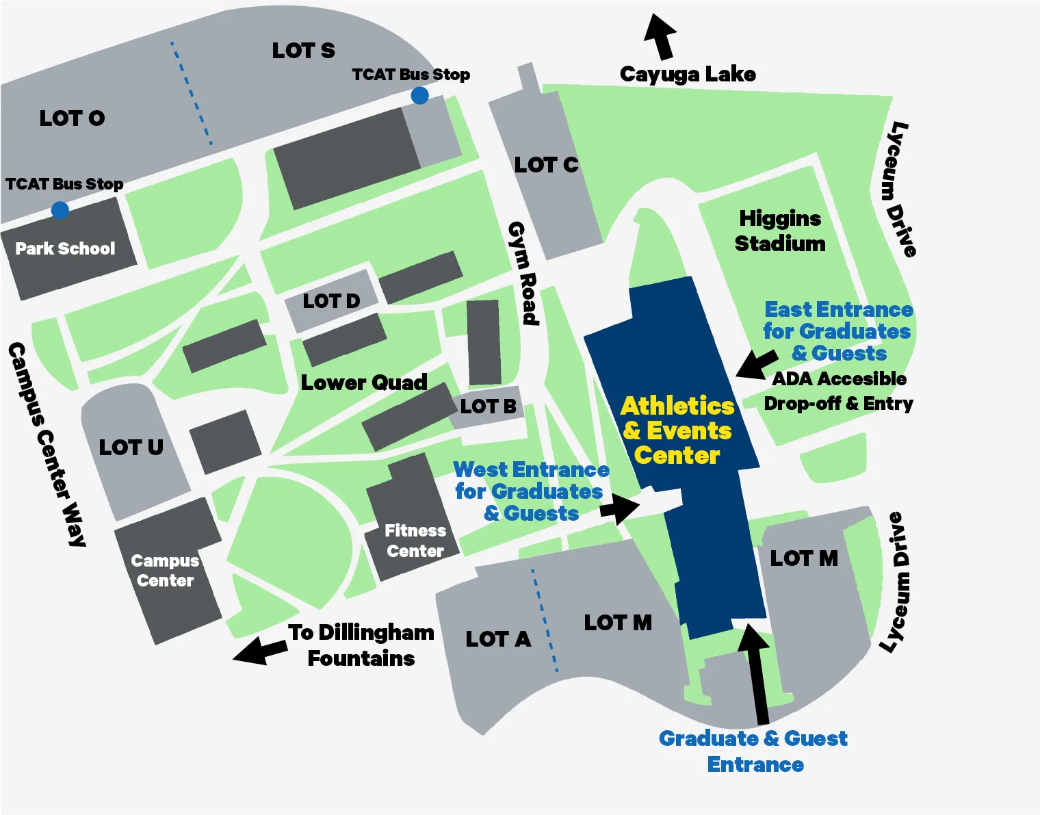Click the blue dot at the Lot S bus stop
pyautogui.click(x=419, y=96)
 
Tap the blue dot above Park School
pyautogui.click(x=60, y=209)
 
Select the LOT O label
pyautogui.click(x=72, y=118)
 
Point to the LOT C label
pyautogui.click(x=546, y=165)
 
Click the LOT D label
pyautogui.click(x=331, y=301)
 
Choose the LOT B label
pyautogui.click(x=488, y=406)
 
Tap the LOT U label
pyautogui.click(x=131, y=448)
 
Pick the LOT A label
pyautogui.click(x=498, y=639)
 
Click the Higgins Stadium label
pyautogui.click(x=780, y=231)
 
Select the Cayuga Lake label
pyautogui.click(x=688, y=74)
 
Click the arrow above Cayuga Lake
pyautogui.click(x=660, y=36)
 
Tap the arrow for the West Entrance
pyautogui.click(x=620, y=508)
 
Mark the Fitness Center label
pyautogui.click(x=415, y=541)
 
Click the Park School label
pyautogui.click(x=65, y=248)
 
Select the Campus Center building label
pyautogui.click(x=165, y=571)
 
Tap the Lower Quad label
pyautogui.click(x=364, y=383)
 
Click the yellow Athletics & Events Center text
pyautogui.click(x=677, y=430)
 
